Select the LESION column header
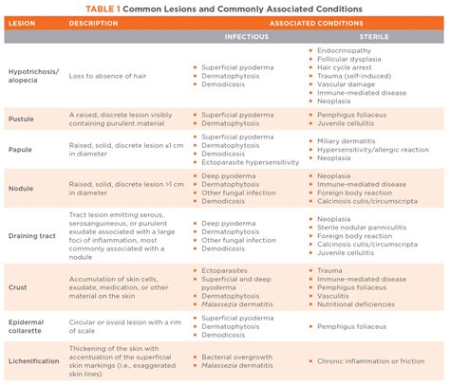(x=23, y=23)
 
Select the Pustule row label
(x=22, y=119)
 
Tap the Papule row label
(x=21, y=150)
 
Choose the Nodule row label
(x=22, y=188)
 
